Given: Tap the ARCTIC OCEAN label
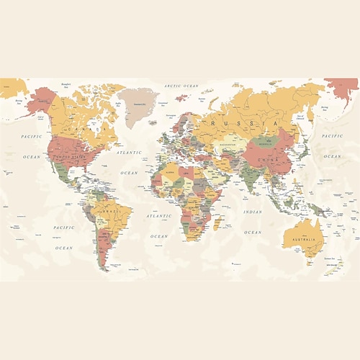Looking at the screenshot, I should [180, 86].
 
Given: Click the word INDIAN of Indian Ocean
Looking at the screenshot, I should [253, 212].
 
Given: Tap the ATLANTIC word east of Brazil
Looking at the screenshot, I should [159, 216].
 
